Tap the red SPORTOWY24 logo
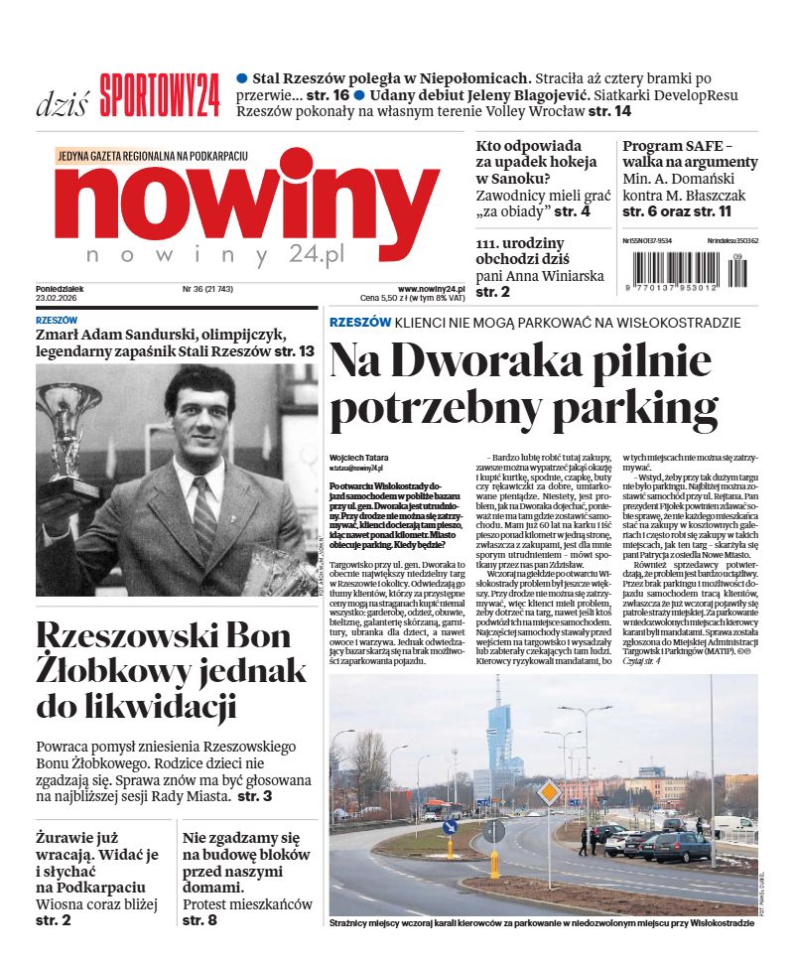(159, 97)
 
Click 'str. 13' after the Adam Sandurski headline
(294, 351)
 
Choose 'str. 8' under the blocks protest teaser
(199, 920)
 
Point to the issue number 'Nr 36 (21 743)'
(207, 289)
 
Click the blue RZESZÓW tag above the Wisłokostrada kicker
(359, 323)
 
